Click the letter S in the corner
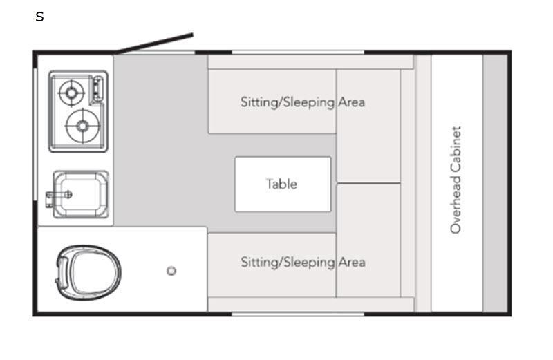coord(39,17)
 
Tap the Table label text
coord(282,184)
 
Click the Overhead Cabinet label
coord(456,180)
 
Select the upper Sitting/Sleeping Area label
coord(302,102)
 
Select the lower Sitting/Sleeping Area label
coord(302,263)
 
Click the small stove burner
coord(71,91)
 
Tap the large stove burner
coord(82,126)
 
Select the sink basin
coord(82,195)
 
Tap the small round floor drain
coord(171,271)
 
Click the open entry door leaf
coord(155,43)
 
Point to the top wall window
coord(297,52)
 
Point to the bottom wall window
coord(297,314)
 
